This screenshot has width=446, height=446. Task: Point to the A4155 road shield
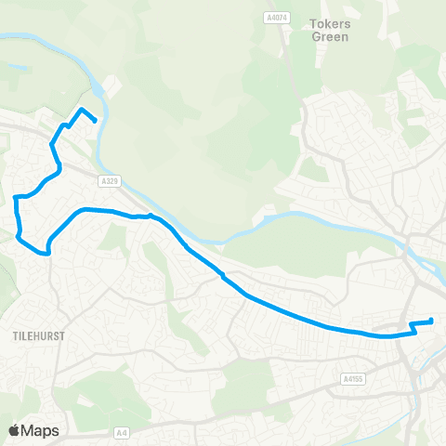click(x=352, y=379)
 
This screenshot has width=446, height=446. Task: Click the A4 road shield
click(x=122, y=432)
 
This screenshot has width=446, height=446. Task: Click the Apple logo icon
click(x=14, y=430)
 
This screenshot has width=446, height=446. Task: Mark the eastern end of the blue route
click(x=432, y=321)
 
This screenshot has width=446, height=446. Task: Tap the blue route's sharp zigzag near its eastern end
click(x=411, y=327)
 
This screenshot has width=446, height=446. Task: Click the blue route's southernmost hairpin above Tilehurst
click(x=45, y=252)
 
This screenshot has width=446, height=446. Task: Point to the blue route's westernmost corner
click(x=14, y=197)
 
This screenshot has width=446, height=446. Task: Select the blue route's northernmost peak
click(x=81, y=110)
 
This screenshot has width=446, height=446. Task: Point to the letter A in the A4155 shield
click(x=343, y=379)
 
